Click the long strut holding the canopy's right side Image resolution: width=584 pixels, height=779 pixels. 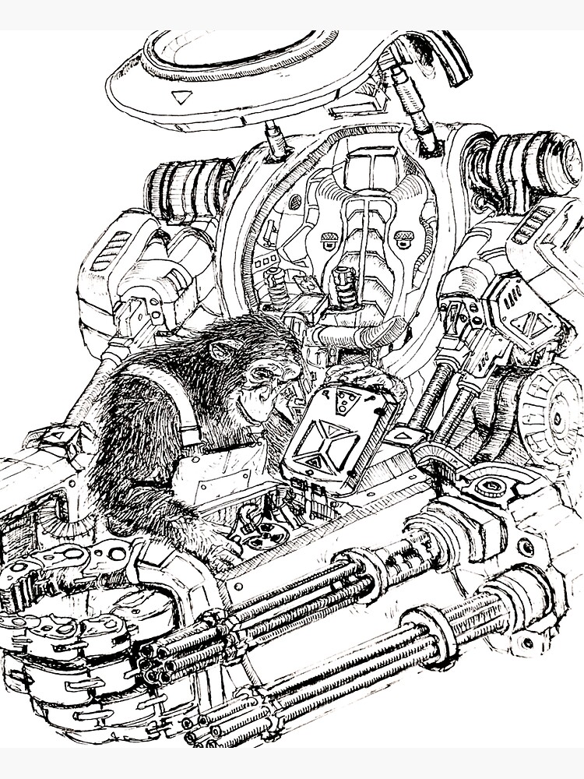(413, 109)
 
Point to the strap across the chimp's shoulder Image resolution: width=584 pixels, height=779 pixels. (183, 405)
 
